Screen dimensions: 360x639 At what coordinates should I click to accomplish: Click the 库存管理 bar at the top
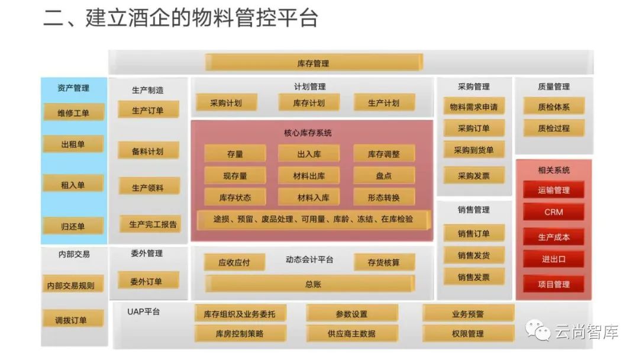[314, 63]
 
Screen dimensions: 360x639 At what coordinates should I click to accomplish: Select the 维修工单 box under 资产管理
[73, 112]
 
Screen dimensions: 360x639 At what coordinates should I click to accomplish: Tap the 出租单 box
[73, 144]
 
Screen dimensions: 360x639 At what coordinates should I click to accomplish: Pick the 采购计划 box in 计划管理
[226, 102]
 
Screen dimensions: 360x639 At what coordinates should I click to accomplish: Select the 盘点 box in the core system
[383, 176]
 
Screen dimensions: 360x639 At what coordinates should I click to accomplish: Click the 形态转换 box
[383, 198]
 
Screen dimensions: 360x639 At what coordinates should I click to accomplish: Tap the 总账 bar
[310, 284]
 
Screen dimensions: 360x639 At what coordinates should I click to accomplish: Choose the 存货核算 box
[383, 262]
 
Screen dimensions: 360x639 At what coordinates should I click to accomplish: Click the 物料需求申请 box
[474, 107]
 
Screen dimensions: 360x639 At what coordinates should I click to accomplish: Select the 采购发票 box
[474, 175]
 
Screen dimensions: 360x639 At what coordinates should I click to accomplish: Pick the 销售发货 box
[474, 255]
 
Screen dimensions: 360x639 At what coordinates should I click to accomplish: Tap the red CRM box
[553, 212]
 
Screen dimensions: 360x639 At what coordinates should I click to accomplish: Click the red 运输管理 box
[553, 190]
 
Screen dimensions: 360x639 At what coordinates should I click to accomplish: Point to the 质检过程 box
[553, 128]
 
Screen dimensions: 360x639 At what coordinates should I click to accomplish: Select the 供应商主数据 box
[351, 333]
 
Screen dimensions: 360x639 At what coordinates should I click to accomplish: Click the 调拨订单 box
[73, 320]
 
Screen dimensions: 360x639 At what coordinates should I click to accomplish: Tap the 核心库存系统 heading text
[308, 133]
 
